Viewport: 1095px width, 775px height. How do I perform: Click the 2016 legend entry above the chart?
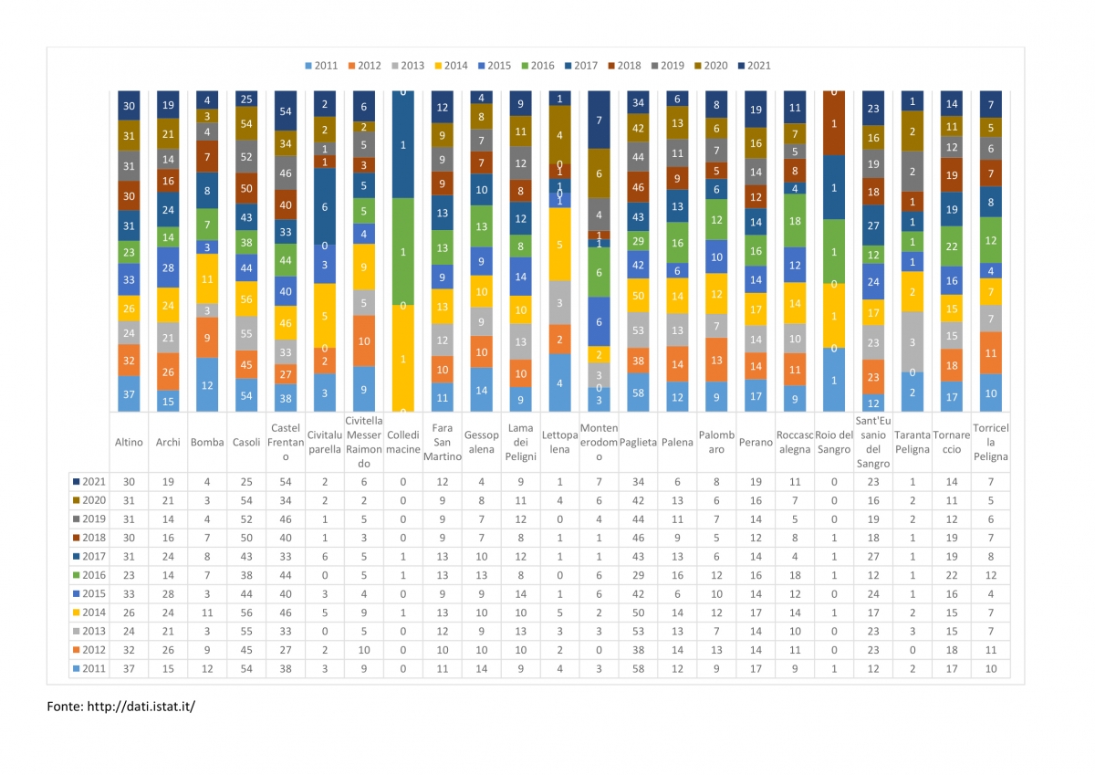click(537, 66)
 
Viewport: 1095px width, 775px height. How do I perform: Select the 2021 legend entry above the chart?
click(755, 66)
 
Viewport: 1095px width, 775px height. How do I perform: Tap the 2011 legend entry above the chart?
click(321, 66)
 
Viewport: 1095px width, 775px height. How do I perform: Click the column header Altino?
click(129, 442)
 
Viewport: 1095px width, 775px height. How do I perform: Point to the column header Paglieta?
click(638, 442)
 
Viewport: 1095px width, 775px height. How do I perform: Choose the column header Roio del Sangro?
click(834, 442)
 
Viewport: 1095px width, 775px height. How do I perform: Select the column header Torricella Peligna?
click(990, 442)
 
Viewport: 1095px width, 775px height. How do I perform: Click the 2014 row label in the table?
click(89, 613)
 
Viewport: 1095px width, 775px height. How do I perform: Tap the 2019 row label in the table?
click(89, 518)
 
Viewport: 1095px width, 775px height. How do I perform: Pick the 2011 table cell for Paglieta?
click(638, 668)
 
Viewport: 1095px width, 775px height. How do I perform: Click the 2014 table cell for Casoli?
click(246, 613)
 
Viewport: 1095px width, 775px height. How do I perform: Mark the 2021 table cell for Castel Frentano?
click(286, 482)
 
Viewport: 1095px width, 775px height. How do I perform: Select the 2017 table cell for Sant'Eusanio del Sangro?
click(873, 557)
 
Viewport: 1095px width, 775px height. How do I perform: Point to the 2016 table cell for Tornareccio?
click(951, 575)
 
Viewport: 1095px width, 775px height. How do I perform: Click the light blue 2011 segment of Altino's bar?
click(129, 393)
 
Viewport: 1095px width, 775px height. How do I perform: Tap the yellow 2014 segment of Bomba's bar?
click(207, 278)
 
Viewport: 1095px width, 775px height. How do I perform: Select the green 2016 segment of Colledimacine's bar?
click(402, 251)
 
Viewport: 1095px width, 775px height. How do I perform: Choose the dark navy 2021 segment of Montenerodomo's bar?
click(599, 120)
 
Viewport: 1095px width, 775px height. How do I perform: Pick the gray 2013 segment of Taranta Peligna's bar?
click(912, 341)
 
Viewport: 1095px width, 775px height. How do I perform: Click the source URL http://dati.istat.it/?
click(141, 707)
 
